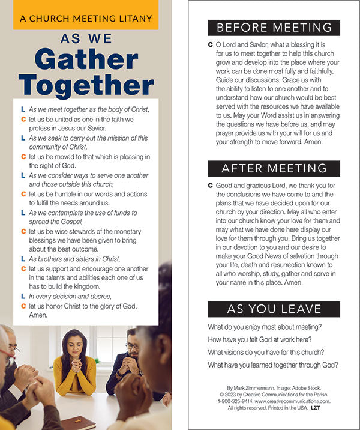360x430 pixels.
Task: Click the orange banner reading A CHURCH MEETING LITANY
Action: [86, 19]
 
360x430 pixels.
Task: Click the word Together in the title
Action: [86, 85]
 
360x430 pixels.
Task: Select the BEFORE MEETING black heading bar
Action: [274, 28]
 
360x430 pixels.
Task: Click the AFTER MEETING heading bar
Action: [274, 168]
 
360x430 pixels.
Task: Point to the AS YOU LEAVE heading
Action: [274, 309]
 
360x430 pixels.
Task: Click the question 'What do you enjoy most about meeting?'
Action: [265, 327]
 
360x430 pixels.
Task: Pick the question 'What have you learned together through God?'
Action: [273, 365]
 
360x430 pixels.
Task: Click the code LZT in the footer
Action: [316, 408]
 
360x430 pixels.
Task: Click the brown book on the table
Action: [79, 423]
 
